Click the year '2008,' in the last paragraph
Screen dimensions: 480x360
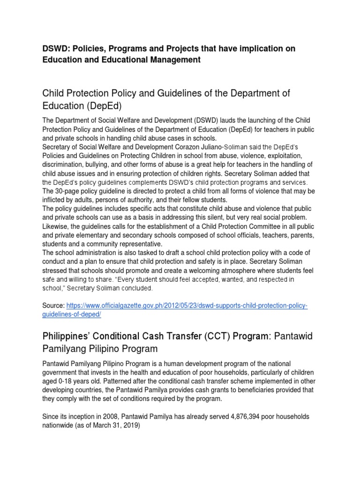point(114,417)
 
